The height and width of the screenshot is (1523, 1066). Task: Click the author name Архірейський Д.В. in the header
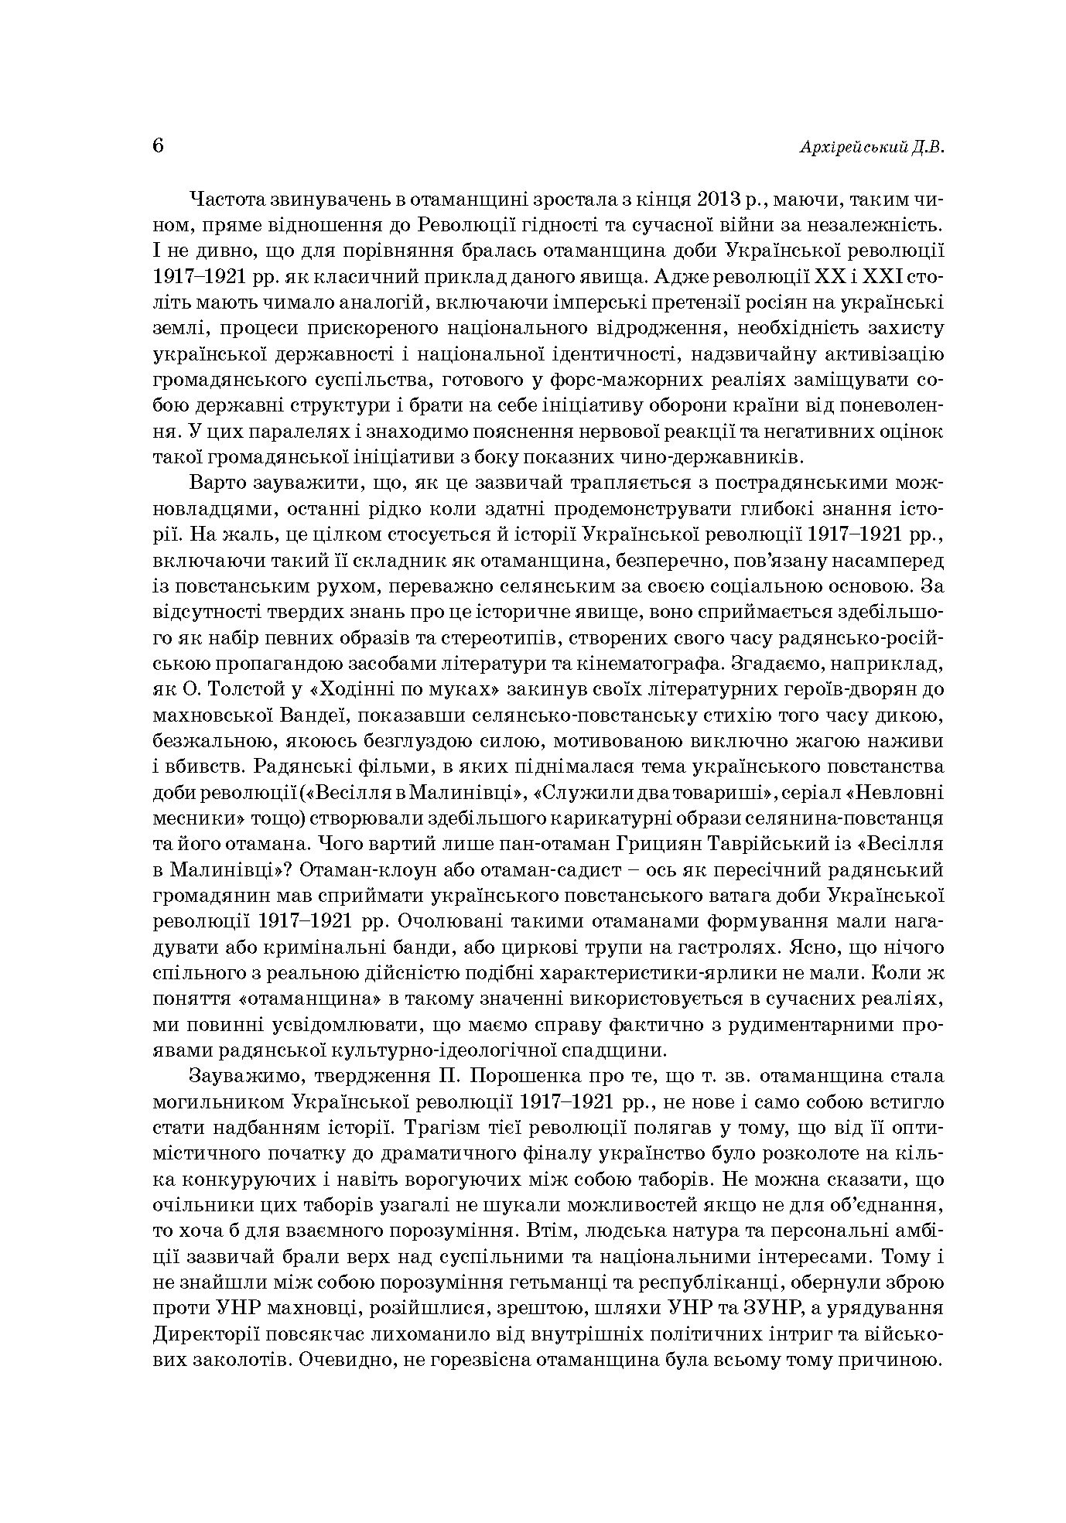pos(871,149)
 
